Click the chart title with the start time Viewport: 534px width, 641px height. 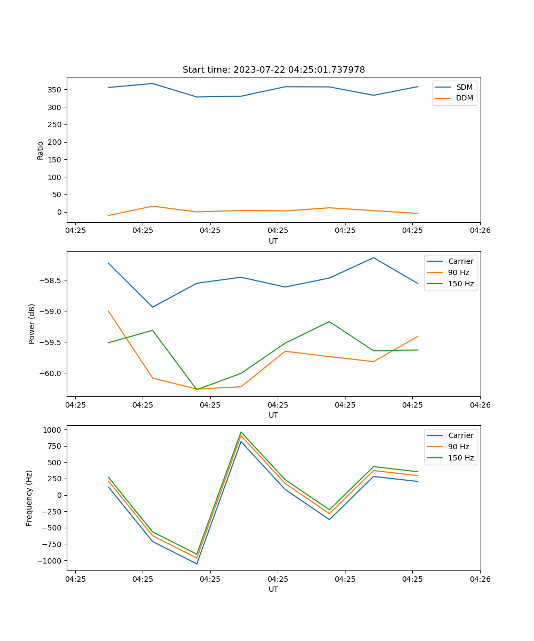click(x=273, y=70)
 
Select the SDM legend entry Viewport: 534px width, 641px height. click(x=464, y=87)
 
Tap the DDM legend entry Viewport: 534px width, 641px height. click(x=464, y=98)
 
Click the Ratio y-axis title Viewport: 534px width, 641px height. click(x=41, y=151)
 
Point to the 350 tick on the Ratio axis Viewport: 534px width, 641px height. click(x=55, y=90)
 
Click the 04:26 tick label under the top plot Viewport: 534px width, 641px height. click(x=480, y=230)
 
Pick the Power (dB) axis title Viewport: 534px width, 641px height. click(x=32, y=324)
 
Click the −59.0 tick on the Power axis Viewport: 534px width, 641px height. click(x=51, y=311)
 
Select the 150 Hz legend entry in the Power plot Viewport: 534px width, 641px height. click(x=460, y=284)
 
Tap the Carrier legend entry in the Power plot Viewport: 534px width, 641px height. click(x=460, y=262)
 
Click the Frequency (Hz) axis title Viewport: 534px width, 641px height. click(x=29, y=498)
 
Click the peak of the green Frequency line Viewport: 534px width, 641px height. click(x=241, y=432)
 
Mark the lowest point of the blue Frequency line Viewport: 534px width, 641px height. click(x=197, y=564)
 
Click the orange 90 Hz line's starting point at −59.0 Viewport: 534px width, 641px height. click(x=108, y=311)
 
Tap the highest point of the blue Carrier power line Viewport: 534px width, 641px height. click(x=373, y=258)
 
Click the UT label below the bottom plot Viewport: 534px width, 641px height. click(x=273, y=589)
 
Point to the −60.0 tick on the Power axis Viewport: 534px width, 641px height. click(x=51, y=373)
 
